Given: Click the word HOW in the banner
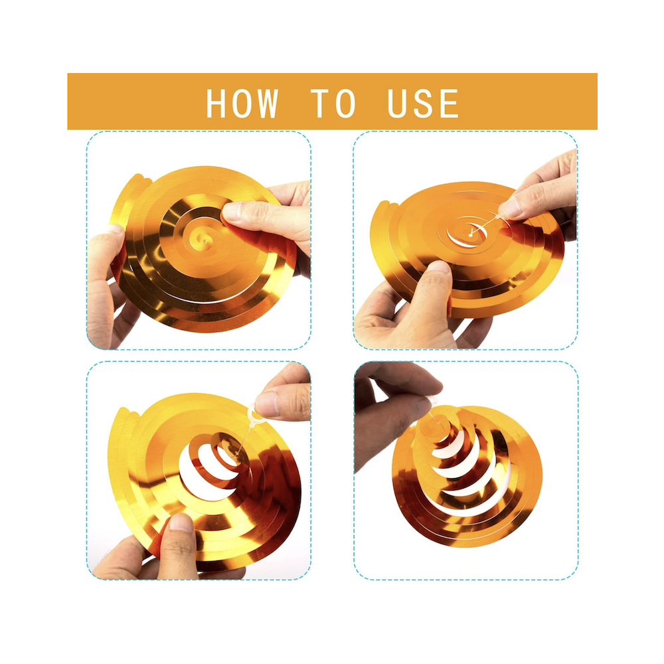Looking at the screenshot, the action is pos(242,103).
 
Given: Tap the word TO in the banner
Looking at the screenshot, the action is pos(333,103).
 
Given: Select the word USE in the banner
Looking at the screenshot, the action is pos(423,103).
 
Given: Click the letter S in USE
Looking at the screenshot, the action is pos(423,103).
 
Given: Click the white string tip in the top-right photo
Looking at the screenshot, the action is pos(471,234).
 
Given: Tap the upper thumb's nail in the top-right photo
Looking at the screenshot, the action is pos(509,207).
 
